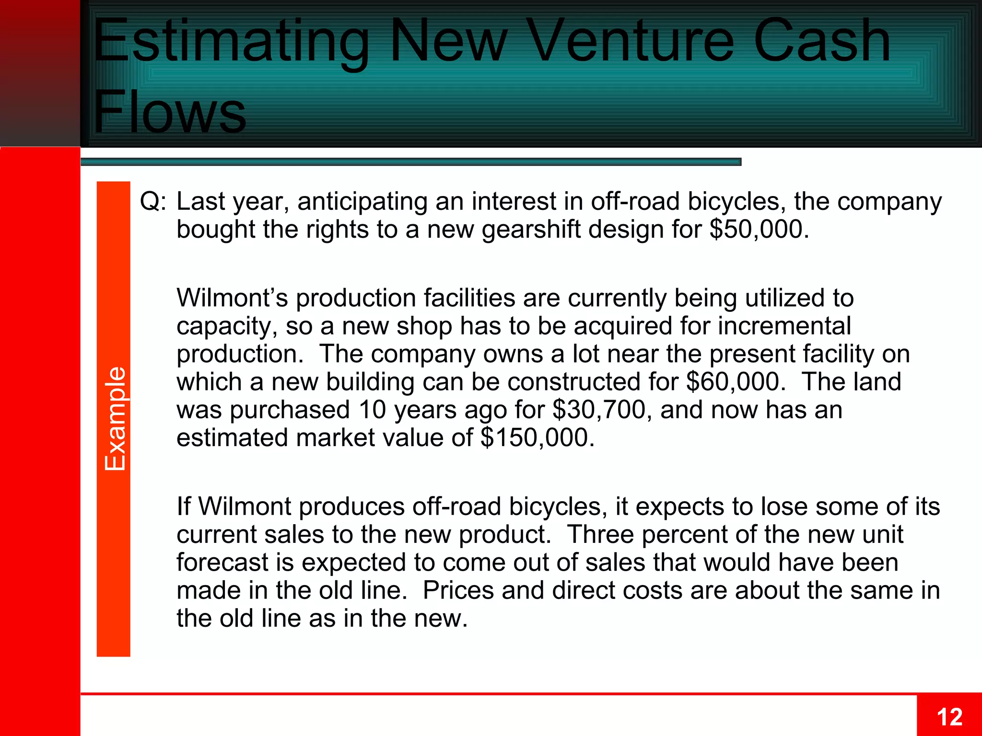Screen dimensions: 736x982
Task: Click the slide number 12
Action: pyautogui.click(x=949, y=717)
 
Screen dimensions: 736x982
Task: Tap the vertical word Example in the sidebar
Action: pyautogui.click(x=115, y=419)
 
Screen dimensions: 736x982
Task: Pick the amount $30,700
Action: pyautogui.click(x=599, y=410)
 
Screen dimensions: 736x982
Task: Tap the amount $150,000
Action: pyautogui.click(x=534, y=437)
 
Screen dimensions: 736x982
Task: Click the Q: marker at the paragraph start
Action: pyautogui.click(x=153, y=201)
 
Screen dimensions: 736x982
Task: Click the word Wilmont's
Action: pyautogui.click(x=232, y=298)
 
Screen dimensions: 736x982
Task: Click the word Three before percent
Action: pyautogui.click(x=600, y=534)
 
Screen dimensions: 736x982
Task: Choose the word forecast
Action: pyautogui.click(x=222, y=562)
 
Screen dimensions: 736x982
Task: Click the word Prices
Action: pyautogui.click(x=458, y=590)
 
